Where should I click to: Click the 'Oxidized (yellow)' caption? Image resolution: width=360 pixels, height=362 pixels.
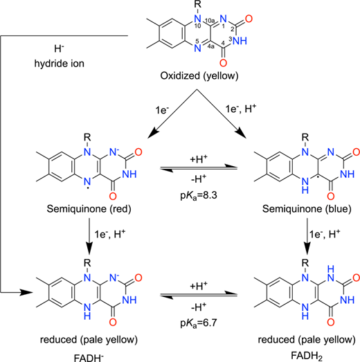click(199, 76)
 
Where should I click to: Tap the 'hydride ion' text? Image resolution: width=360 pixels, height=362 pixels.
click(60, 64)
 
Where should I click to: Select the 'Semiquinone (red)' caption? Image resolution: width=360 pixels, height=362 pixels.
click(89, 209)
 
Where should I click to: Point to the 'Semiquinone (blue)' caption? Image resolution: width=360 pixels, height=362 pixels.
click(307, 209)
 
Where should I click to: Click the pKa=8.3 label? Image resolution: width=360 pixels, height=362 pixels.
click(199, 196)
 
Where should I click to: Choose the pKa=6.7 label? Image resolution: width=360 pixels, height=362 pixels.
click(199, 323)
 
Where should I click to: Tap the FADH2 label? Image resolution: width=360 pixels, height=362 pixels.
click(307, 356)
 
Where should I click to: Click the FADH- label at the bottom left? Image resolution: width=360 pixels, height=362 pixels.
click(89, 358)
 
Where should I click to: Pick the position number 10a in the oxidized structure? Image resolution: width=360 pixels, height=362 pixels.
click(210, 21)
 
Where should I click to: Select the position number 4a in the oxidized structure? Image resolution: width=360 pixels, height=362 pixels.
click(211, 46)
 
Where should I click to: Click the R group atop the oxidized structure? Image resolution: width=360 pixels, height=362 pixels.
click(198, 4)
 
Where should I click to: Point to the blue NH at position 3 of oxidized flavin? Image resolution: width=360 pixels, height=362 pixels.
click(240, 41)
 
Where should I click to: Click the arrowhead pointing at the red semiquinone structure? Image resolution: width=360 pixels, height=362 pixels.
click(152, 134)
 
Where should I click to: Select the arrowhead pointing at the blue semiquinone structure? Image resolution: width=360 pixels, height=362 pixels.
click(241, 134)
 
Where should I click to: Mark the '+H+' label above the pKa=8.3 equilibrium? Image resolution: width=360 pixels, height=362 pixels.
click(199, 159)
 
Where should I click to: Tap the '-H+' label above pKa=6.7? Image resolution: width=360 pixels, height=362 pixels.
click(199, 307)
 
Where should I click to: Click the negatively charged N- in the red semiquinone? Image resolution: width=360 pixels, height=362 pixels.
click(114, 152)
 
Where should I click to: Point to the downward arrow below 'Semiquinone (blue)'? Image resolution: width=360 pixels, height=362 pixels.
click(307, 235)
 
